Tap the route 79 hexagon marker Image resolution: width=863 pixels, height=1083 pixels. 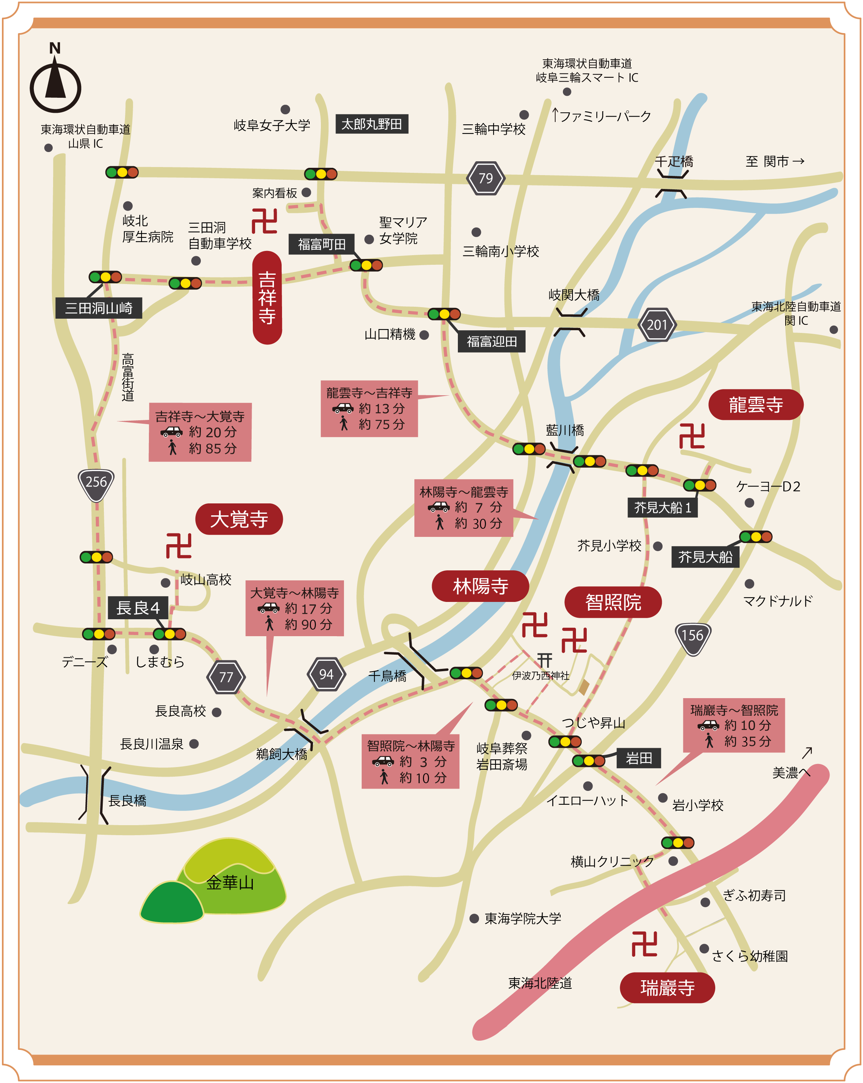486,178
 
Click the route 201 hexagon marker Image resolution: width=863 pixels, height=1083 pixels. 657,325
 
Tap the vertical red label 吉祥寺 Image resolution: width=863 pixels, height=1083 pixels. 267,297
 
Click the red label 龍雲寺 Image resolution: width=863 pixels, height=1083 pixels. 756,404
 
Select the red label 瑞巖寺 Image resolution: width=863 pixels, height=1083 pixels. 667,988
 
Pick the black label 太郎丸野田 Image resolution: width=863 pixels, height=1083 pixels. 372,124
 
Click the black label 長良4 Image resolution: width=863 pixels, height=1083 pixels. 138,608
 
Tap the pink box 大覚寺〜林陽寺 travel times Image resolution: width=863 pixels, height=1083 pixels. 295,608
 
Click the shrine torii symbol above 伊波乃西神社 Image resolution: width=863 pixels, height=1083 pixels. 545,660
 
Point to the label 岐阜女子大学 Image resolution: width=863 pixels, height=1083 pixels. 272,125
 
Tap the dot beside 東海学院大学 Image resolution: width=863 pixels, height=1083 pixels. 474,919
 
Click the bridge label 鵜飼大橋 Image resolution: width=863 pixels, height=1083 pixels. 281,754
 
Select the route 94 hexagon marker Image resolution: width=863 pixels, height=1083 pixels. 326,674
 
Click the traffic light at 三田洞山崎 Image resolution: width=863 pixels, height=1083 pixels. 105,277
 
